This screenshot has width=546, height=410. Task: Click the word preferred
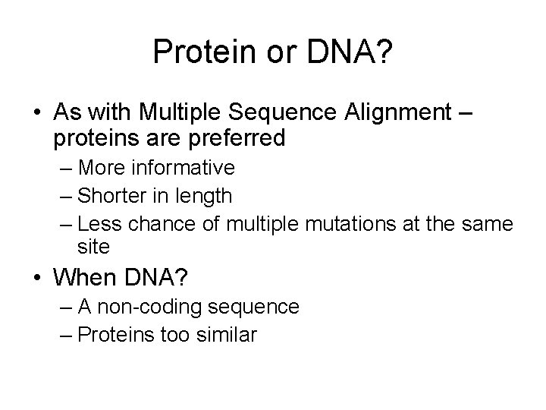coord(237,138)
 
